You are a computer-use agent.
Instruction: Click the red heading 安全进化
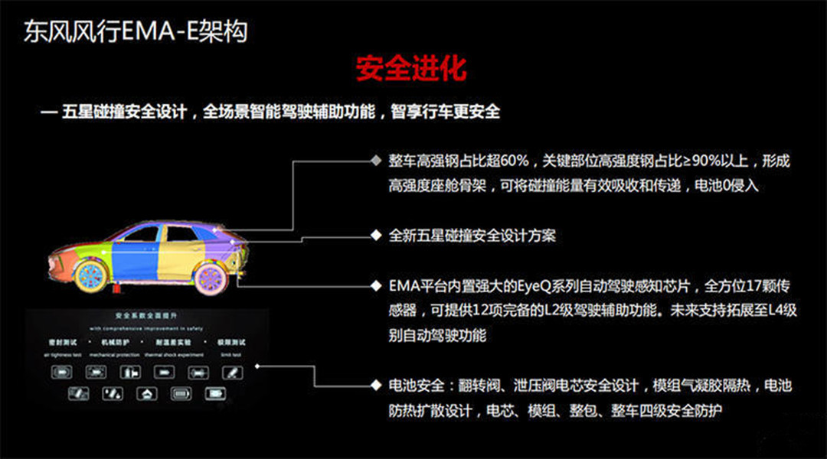[x=411, y=69]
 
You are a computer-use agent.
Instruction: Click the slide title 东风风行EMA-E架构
[x=136, y=31]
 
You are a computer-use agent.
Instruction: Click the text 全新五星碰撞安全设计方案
[x=472, y=236]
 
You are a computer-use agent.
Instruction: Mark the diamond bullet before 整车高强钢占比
[x=375, y=161]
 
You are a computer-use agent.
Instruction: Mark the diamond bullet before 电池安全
[x=375, y=386]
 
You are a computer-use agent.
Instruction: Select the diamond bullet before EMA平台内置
[x=375, y=285]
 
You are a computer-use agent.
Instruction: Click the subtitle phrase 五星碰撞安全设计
[x=126, y=112]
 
